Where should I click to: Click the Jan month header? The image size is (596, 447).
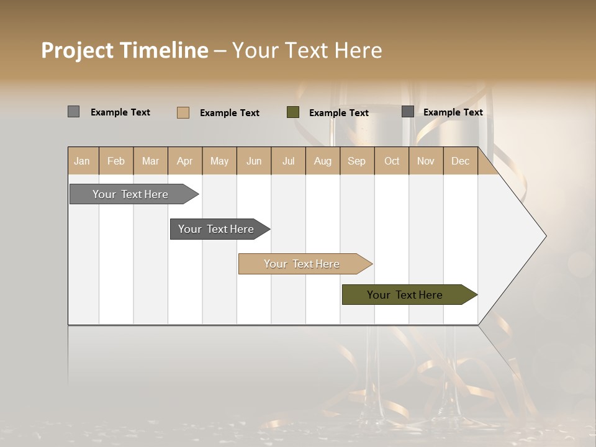pos(82,161)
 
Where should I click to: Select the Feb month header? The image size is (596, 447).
pos(116,161)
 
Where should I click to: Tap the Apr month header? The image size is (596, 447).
pos(184,161)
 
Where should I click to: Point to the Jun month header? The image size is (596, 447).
pos(254,161)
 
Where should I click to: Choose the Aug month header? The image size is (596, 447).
pos(322,161)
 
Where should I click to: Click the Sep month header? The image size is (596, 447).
pos(356,161)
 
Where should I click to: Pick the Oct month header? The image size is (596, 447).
pos(392,161)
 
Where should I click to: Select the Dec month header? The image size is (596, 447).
pos(460,161)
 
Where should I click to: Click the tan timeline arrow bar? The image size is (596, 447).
pos(302,264)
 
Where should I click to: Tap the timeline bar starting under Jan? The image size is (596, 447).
pos(131,194)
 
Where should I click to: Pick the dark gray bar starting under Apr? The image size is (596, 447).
pos(217,229)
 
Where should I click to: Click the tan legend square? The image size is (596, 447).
pos(183,112)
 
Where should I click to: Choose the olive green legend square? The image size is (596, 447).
pos(293,112)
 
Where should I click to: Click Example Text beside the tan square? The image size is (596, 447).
pos(229,113)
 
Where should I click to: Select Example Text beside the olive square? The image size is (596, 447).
pos(338,113)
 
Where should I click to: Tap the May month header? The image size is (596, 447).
pos(219,161)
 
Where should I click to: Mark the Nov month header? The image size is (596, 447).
pos(425,161)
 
